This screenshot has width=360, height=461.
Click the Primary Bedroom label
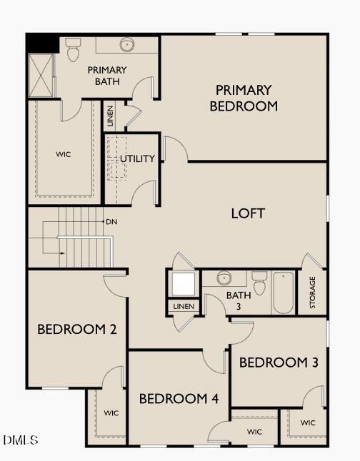[244, 98]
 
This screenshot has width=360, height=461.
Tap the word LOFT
[248, 213]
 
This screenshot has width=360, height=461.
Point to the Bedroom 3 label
[279, 363]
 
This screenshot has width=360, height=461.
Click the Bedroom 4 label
[179, 398]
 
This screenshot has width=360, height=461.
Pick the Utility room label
[137, 158]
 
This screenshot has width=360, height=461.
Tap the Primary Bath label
[107, 75]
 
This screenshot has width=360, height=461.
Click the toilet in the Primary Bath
[73, 49]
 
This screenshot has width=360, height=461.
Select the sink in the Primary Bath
[127, 44]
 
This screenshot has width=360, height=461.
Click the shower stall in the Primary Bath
[40, 74]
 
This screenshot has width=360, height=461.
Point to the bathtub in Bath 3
[284, 292]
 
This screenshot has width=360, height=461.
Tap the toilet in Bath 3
[259, 282]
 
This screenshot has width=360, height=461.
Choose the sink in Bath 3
[224, 278]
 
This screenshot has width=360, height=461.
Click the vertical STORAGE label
[312, 293]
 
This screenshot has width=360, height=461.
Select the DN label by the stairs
[111, 221]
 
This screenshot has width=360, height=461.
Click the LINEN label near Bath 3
[184, 307]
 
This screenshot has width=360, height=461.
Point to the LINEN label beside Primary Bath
[110, 116]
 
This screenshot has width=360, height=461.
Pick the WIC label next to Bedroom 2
[111, 412]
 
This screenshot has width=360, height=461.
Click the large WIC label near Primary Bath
[64, 154]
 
